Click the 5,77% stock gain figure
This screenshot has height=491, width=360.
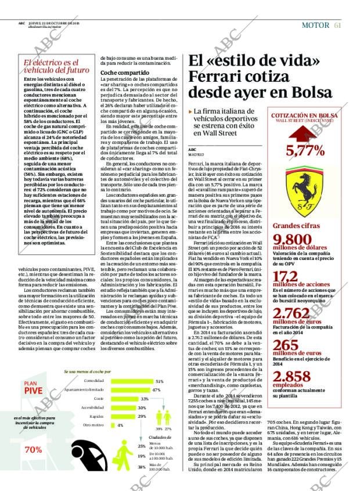[305, 151]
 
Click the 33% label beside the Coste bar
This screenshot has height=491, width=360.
[145, 399]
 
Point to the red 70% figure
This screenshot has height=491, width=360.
[33, 450]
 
